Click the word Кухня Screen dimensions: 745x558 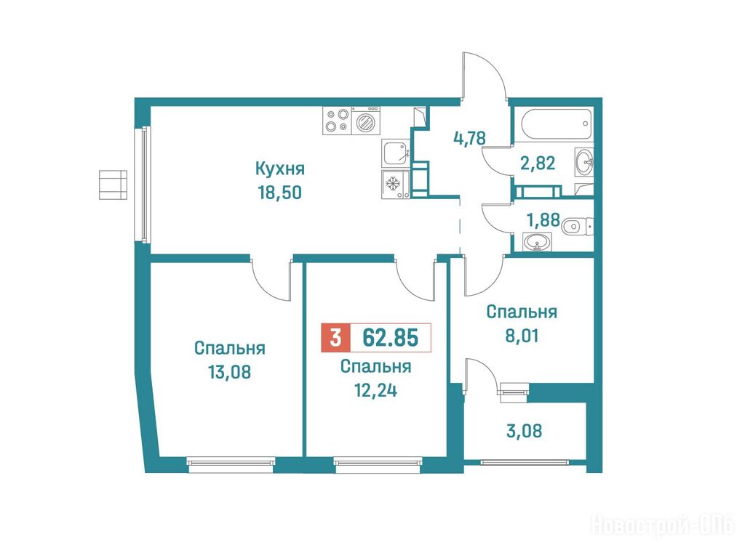[280, 169]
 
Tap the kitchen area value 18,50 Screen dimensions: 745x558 [280, 193]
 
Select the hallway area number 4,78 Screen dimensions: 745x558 [469, 138]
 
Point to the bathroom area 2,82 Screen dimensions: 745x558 [538, 163]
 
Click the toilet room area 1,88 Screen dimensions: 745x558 [543, 220]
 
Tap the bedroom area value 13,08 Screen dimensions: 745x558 [229, 372]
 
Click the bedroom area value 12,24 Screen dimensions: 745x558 [376, 390]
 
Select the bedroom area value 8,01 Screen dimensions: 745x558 [522, 336]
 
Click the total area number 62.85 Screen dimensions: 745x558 [390, 338]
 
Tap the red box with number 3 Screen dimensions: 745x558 [335, 338]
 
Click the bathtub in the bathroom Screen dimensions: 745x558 [557, 125]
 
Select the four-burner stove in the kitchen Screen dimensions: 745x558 [337, 121]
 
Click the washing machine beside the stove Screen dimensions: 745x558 [366, 121]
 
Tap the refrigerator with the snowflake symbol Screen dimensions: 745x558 [395, 184]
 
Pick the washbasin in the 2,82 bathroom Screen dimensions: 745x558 [584, 162]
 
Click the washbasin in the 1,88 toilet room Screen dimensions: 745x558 [538, 242]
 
